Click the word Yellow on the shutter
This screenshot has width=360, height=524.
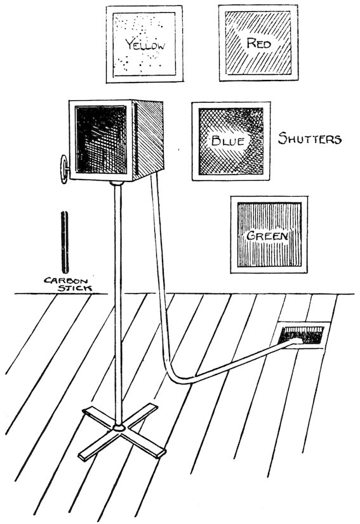point(145,44)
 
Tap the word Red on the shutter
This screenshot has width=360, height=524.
point(258,43)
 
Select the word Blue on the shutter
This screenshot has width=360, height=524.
point(227,141)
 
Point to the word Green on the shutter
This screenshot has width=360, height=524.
point(267,236)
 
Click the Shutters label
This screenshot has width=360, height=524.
point(310,138)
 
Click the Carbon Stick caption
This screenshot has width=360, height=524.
point(68,284)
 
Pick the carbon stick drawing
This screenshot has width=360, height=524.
point(65,242)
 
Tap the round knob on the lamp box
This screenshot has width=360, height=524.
point(63,169)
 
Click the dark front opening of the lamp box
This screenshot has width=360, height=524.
point(101,140)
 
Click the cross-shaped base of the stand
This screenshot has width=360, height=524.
point(122,431)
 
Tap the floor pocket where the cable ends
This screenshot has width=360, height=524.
point(301,336)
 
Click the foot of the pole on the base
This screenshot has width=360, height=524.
point(119,427)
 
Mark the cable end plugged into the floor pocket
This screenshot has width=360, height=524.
point(296,341)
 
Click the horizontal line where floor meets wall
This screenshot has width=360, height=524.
point(184,294)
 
